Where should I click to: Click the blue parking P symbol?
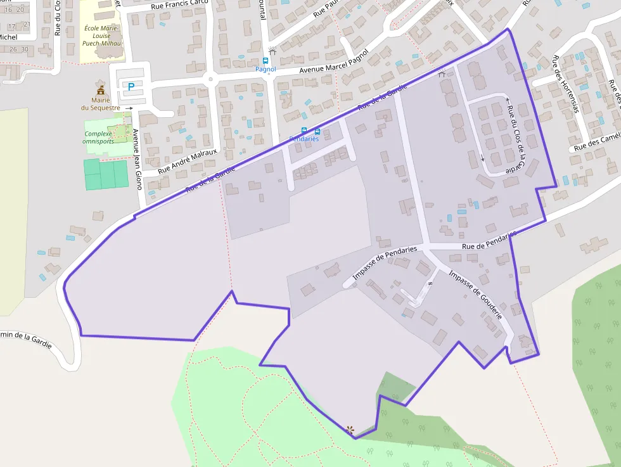pos(131,87)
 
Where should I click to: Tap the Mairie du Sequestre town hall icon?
pos(100,90)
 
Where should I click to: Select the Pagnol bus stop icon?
pos(266,61)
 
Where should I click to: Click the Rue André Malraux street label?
pos(187,161)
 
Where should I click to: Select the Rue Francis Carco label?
pos(181,6)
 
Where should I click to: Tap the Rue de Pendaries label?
pos(489,241)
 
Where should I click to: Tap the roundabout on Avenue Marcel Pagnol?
pos(210,80)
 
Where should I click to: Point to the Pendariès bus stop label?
pos(304,139)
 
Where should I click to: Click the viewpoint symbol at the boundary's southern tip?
pos(350,430)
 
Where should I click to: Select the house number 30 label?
pos(24,49)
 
